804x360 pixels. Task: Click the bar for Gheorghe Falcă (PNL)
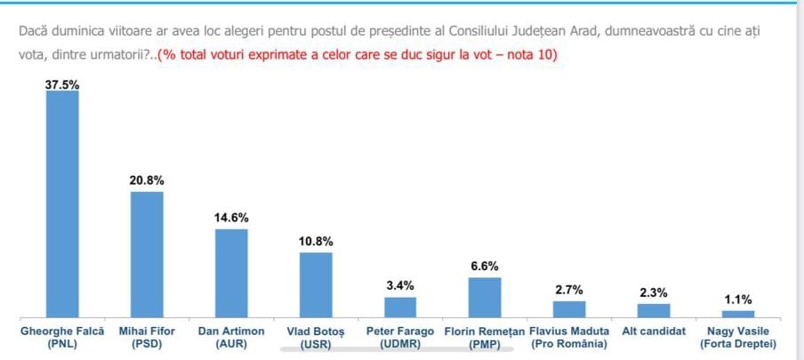pyautogui.click(x=62, y=204)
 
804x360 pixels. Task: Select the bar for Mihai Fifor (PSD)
pyautogui.click(x=147, y=254)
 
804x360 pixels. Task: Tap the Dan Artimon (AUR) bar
pyautogui.click(x=231, y=273)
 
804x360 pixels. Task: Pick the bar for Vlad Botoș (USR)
pyautogui.click(x=316, y=284)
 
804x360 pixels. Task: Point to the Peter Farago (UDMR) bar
pyautogui.click(x=400, y=307)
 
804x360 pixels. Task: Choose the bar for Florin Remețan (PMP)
pyautogui.click(x=485, y=297)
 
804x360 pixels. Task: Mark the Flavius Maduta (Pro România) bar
pyautogui.click(x=569, y=308)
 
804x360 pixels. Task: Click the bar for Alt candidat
pyautogui.click(x=654, y=310)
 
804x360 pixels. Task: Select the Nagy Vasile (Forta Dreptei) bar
pyautogui.click(x=738, y=314)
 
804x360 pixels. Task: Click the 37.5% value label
pyautogui.click(x=62, y=84)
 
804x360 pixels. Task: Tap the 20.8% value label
pyautogui.click(x=147, y=180)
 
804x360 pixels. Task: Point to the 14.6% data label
pyautogui.click(x=231, y=218)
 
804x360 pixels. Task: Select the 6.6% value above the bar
pyautogui.click(x=485, y=266)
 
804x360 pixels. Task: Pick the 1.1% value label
pyautogui.click(x=738, y=299)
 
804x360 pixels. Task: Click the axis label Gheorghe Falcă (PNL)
pyautogui.click(x=62, y=337)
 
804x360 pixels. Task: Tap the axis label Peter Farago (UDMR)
pyautogui.click(x=400, y=337)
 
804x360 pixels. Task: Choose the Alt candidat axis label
pyautogui.click(x=654, y=331)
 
